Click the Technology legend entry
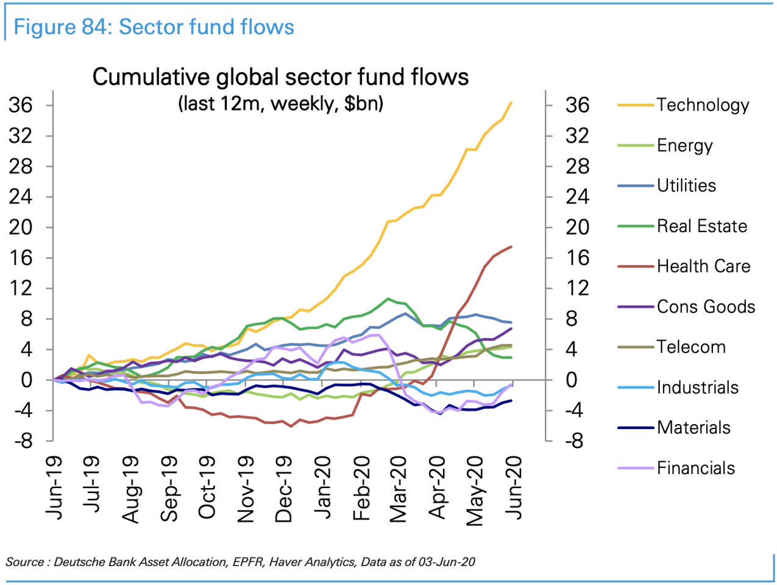point(702,105)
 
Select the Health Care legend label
point(703,266)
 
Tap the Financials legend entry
point(695,468)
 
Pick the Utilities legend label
point(686,186)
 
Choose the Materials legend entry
point(694,428)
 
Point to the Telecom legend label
point(691,347)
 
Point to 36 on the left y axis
point(20,105)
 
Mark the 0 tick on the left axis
point(26,380)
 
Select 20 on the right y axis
point(577,227)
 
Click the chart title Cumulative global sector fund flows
point(280,77)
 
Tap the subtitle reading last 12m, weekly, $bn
point(280,104)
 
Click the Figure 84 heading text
point(154,27)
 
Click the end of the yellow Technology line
point(511,102)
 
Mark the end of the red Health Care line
point(511,247)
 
